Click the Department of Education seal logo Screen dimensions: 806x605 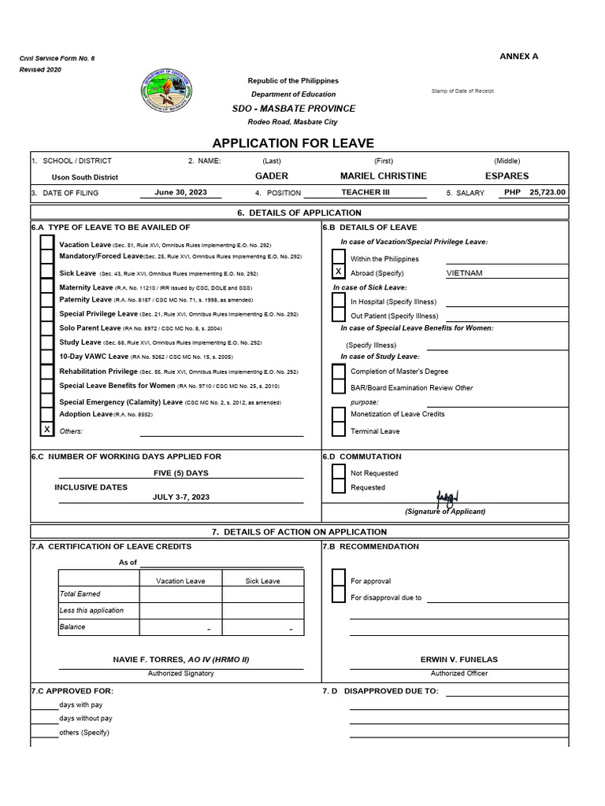(x=170, y=91)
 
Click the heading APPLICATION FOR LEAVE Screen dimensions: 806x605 (x=293, y=142)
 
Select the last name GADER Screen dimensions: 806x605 (x=272, y=176)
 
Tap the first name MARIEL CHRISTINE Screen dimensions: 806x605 (x=383, y=176)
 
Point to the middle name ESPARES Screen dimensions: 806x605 (x=507, y=176)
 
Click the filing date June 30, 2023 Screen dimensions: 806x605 (x=181, y=192)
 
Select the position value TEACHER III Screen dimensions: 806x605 (x=365, y=192)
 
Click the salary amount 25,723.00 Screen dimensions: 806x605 (x=547, y=192)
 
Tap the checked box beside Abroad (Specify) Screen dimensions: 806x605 (x=338, y=272)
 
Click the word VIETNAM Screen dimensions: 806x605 (x=465, y=273)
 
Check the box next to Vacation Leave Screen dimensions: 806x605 (x=47, y=244)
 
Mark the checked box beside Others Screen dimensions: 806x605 (x=47, y=429)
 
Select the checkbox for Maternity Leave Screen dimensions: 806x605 (x=47, y=287)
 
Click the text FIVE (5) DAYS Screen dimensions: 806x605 (x=180, y=473)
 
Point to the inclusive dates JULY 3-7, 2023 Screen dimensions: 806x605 (x=180, y=497)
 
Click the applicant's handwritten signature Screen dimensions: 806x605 (x=447, y=499)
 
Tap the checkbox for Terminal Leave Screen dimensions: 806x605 (x=338, y=430)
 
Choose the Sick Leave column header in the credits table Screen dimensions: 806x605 (x=262, y=581)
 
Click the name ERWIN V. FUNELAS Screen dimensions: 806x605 (x=458, y=660)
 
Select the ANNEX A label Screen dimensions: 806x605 (x=519, y=57)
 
